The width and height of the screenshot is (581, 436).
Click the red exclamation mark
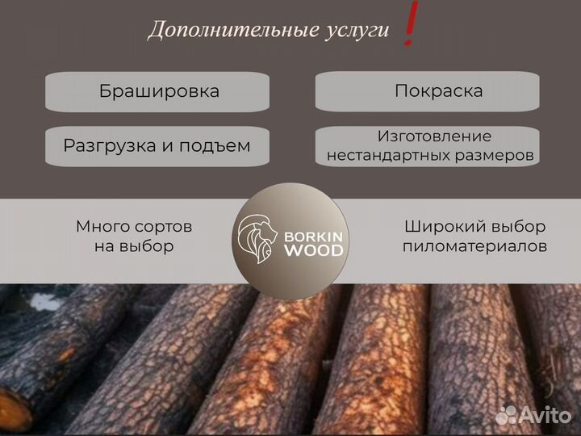click(x=411, y=25)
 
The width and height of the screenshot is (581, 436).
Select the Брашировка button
click(x=158, y=91)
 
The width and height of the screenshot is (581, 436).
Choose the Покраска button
click(x=427, y=91)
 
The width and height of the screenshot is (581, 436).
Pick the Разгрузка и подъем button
click(x=158, y=145)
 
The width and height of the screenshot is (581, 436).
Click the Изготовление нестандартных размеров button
click(x=427, y=146)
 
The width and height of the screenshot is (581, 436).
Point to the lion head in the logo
click(x=257, y=239)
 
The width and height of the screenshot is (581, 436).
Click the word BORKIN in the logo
click(x=313, y=237)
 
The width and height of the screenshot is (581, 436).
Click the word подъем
click(x=218, y=145)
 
